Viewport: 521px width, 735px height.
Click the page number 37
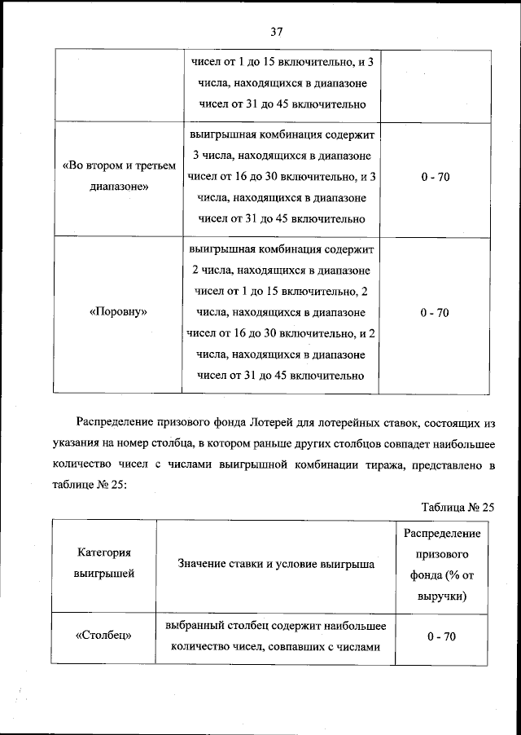coord(275,32)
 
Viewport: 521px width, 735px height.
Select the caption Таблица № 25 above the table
coord(458,506)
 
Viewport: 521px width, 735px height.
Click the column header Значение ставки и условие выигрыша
coord(275,564)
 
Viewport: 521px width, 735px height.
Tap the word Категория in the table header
coord(103,553)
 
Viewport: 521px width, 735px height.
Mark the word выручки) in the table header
coord(441,596)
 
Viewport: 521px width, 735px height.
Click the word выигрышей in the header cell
coord(103,574)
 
